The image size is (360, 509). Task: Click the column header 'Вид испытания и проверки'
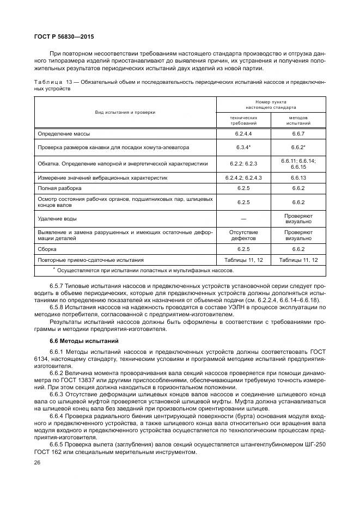click(125, 112)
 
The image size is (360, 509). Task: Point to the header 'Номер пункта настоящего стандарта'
click(271, 105)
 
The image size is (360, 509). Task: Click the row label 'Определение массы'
click(64, 133)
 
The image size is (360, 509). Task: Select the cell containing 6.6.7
click(298, 133)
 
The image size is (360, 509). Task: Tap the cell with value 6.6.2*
click(298, 148)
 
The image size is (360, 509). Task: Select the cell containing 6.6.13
click(298, 177)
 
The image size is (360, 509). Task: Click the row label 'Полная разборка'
click(60, 188)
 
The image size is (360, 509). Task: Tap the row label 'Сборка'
click(48, 249)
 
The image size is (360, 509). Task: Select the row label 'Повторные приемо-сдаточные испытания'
click(90, 260)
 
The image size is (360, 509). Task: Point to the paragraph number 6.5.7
click(57, 285)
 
